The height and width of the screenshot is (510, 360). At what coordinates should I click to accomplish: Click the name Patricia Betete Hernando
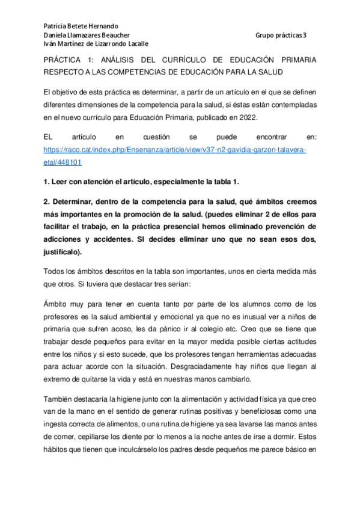click(81, 26)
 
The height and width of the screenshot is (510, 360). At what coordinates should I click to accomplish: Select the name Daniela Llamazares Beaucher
click(87, 35)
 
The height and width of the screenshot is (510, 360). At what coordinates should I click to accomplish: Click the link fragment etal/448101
click(63, 162)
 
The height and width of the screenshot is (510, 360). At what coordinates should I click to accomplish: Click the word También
click(60, 399)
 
